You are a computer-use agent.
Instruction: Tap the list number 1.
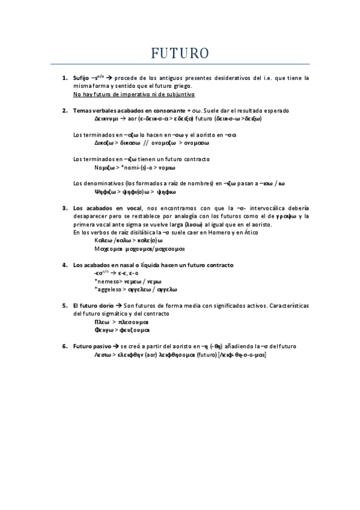pyautogui.click(x=64, y=78)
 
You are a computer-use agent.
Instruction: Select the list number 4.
pyautogui.click(x=64, y=265)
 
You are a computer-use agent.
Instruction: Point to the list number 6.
pyautogui.click(x=64, y=346)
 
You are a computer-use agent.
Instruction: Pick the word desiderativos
pyautogui.click(x=228, y=78)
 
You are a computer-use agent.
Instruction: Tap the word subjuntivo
pyautogui.click(x=179, y=94)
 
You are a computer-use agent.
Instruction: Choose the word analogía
pyautogui.click(x=192, y=216)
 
